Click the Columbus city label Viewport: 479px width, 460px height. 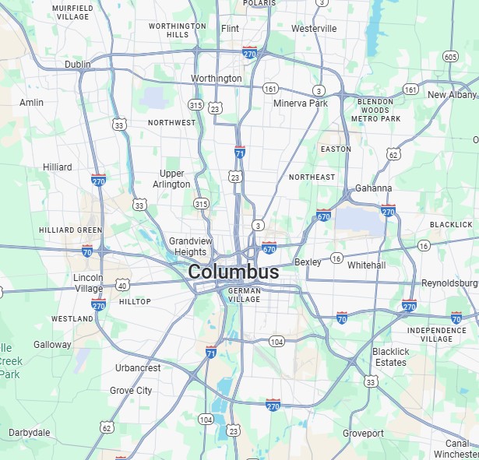[234, 272]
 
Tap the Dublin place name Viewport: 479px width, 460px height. [78, 65]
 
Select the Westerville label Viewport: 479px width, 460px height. [314, 29]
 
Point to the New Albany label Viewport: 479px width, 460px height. [452, 95]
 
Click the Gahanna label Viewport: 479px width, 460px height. [373, 188]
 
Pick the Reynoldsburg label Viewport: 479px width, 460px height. [449, 283]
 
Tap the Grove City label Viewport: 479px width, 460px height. [131, 391]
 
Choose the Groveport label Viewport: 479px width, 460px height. [364, 434]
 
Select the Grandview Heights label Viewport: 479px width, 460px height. [190, 247]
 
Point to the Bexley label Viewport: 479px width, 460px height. [308, 262]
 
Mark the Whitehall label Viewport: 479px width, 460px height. [366, 265]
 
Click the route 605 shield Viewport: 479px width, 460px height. [450, 57]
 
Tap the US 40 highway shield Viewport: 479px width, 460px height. [122, 286]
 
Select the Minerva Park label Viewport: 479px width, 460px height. [301, 103]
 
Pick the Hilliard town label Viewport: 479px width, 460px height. [58, 167]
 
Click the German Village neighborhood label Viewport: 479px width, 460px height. [244, 294]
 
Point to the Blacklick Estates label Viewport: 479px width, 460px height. [389, 357]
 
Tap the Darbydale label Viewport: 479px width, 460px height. [30, 433]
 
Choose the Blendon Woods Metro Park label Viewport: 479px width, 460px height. [375, 111]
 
